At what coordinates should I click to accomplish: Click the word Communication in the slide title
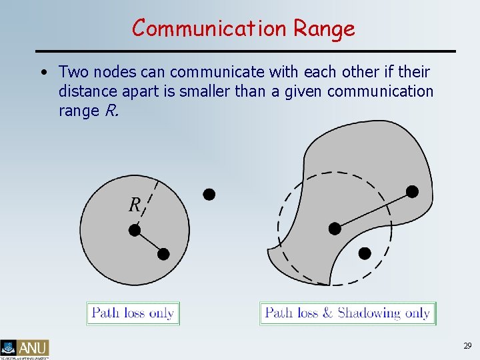coord(208,28)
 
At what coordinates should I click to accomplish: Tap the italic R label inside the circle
coord(134,205)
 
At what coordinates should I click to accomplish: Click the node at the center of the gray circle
coord(135,230)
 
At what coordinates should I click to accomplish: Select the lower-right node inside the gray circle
coord(163,253)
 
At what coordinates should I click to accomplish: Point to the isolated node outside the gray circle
coord(209,194)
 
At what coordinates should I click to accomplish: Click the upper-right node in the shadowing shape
coord(412,192)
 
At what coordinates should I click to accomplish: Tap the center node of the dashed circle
coord(335,229)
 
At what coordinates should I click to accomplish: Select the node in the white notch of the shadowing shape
coord(365,253)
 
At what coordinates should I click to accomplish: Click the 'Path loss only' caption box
coord(133,313)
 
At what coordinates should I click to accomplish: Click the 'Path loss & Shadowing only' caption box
coord(347,313)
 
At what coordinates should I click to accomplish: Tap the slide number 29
coord(467,346)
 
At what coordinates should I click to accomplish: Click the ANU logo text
coord(33,347)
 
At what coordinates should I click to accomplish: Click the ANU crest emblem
coord(9,347)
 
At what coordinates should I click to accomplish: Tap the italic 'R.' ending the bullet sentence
coord(111,111)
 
